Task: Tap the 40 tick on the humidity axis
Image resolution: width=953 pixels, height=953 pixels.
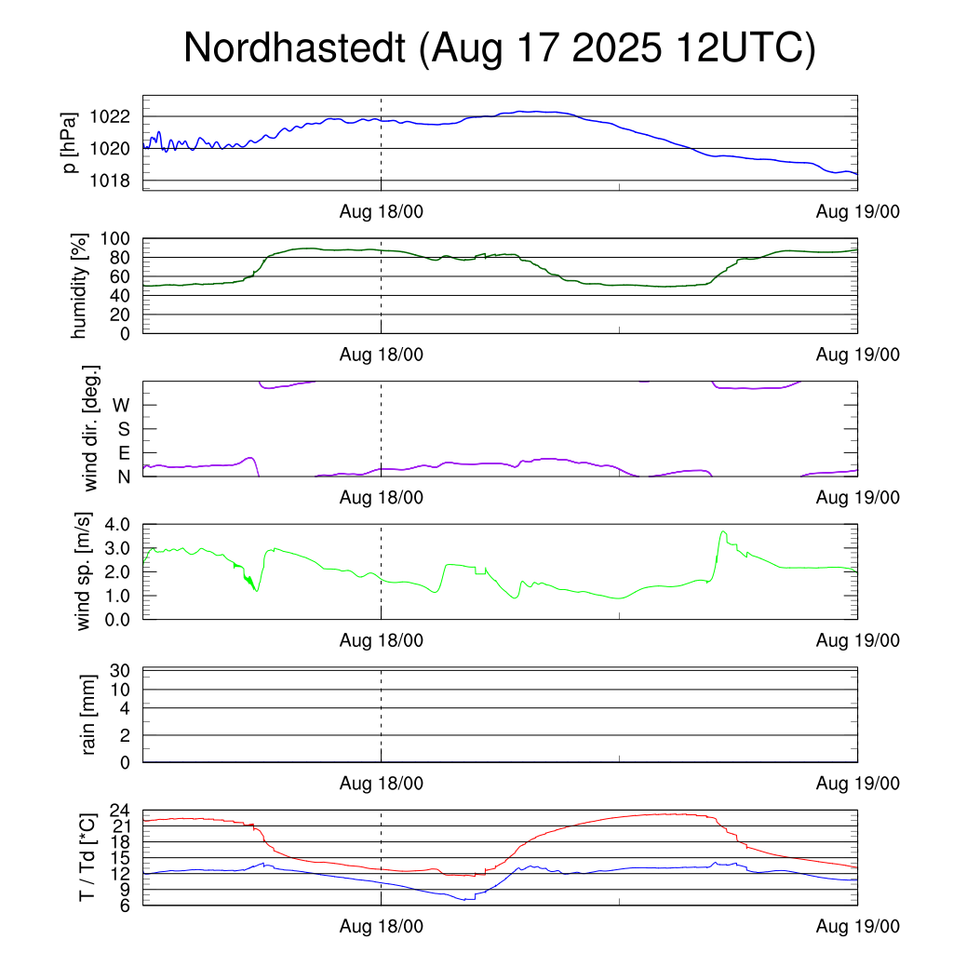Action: click(122, 296)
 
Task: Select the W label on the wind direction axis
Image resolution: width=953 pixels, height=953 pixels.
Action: click(121, 406)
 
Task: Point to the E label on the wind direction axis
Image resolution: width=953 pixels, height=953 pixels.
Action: click(123, 453)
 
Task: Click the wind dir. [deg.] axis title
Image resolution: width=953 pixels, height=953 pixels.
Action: click(91, 429)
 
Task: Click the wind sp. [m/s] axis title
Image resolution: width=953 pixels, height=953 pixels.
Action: click(85, 571)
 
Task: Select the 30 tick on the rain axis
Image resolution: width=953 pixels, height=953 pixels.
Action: click(122, 671)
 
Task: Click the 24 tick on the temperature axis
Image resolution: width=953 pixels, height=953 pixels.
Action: click(122, 811)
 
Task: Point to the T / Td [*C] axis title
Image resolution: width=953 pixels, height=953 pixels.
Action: click(87, 857)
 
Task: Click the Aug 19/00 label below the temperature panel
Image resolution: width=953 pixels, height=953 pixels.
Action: click(858, 927)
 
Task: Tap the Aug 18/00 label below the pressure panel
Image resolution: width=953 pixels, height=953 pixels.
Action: click(382, 212)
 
